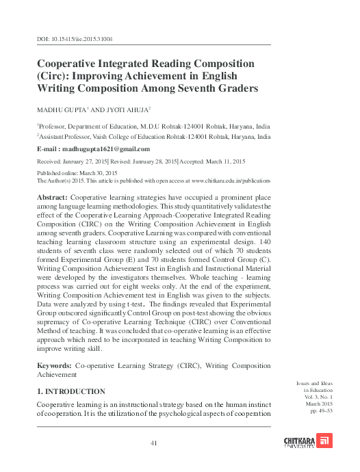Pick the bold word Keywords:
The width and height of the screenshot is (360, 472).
tap(54, 367)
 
